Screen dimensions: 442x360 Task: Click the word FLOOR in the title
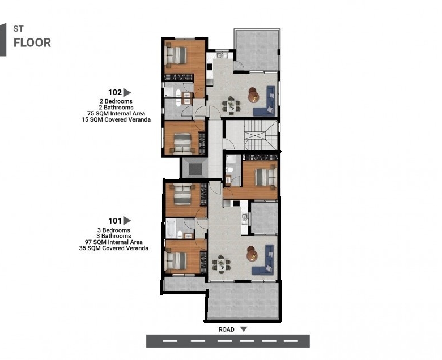point(32,43)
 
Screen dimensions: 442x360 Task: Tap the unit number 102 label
point(115,92)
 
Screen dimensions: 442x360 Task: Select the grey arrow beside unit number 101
point(127,221)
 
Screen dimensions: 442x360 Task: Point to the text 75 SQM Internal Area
point(116,113)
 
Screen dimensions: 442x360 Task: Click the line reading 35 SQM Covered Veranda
point(113,248)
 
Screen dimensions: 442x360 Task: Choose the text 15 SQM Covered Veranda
point(116,119)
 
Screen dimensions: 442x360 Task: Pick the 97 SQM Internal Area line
point(114,242)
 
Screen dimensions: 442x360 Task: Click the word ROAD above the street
point(226,329)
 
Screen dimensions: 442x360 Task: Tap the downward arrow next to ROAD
point(244,329)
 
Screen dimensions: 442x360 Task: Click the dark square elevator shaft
point(195,169)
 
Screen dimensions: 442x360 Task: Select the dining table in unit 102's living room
point(231,105)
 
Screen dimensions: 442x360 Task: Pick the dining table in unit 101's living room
point(222,264)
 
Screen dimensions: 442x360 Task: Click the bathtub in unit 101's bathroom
point(170,229)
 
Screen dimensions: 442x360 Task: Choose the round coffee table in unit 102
point(253,95)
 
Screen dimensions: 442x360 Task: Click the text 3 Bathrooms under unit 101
point(114,236)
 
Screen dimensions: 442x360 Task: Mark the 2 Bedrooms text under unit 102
point(116,101)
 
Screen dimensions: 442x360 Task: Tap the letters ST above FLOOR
point(18,29)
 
